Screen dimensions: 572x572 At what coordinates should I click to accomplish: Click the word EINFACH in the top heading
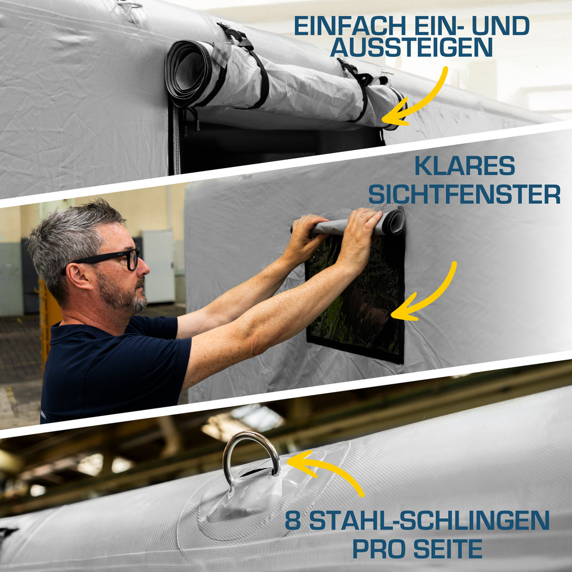point(350,26)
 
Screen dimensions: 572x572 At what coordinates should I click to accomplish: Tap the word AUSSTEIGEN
point(412,47)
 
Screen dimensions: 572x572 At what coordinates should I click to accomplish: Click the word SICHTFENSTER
point(464,194)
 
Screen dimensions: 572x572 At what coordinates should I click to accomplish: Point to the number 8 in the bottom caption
point(293,521)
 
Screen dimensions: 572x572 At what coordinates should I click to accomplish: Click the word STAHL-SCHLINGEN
point(430,521)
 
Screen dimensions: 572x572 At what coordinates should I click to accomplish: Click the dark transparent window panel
point(356,295)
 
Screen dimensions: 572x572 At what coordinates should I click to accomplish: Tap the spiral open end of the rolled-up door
point(187,71)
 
